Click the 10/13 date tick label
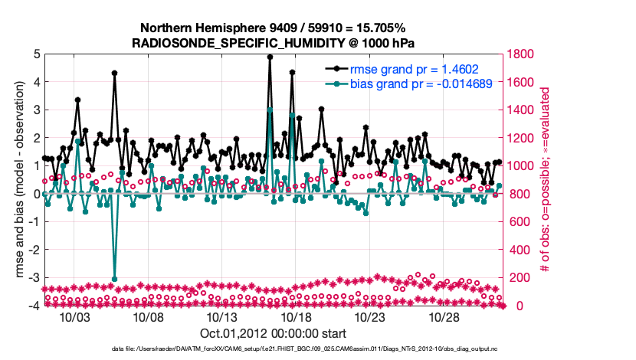click(223, 317)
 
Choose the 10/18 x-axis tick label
click(296, 317)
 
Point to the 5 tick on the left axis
click(37, 54)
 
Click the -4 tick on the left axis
click(34, 306)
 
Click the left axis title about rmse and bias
click(17, 180)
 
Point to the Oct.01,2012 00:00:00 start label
click(274, 333)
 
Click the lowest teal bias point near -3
click(114, 279)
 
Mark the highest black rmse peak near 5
click(270, 57)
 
